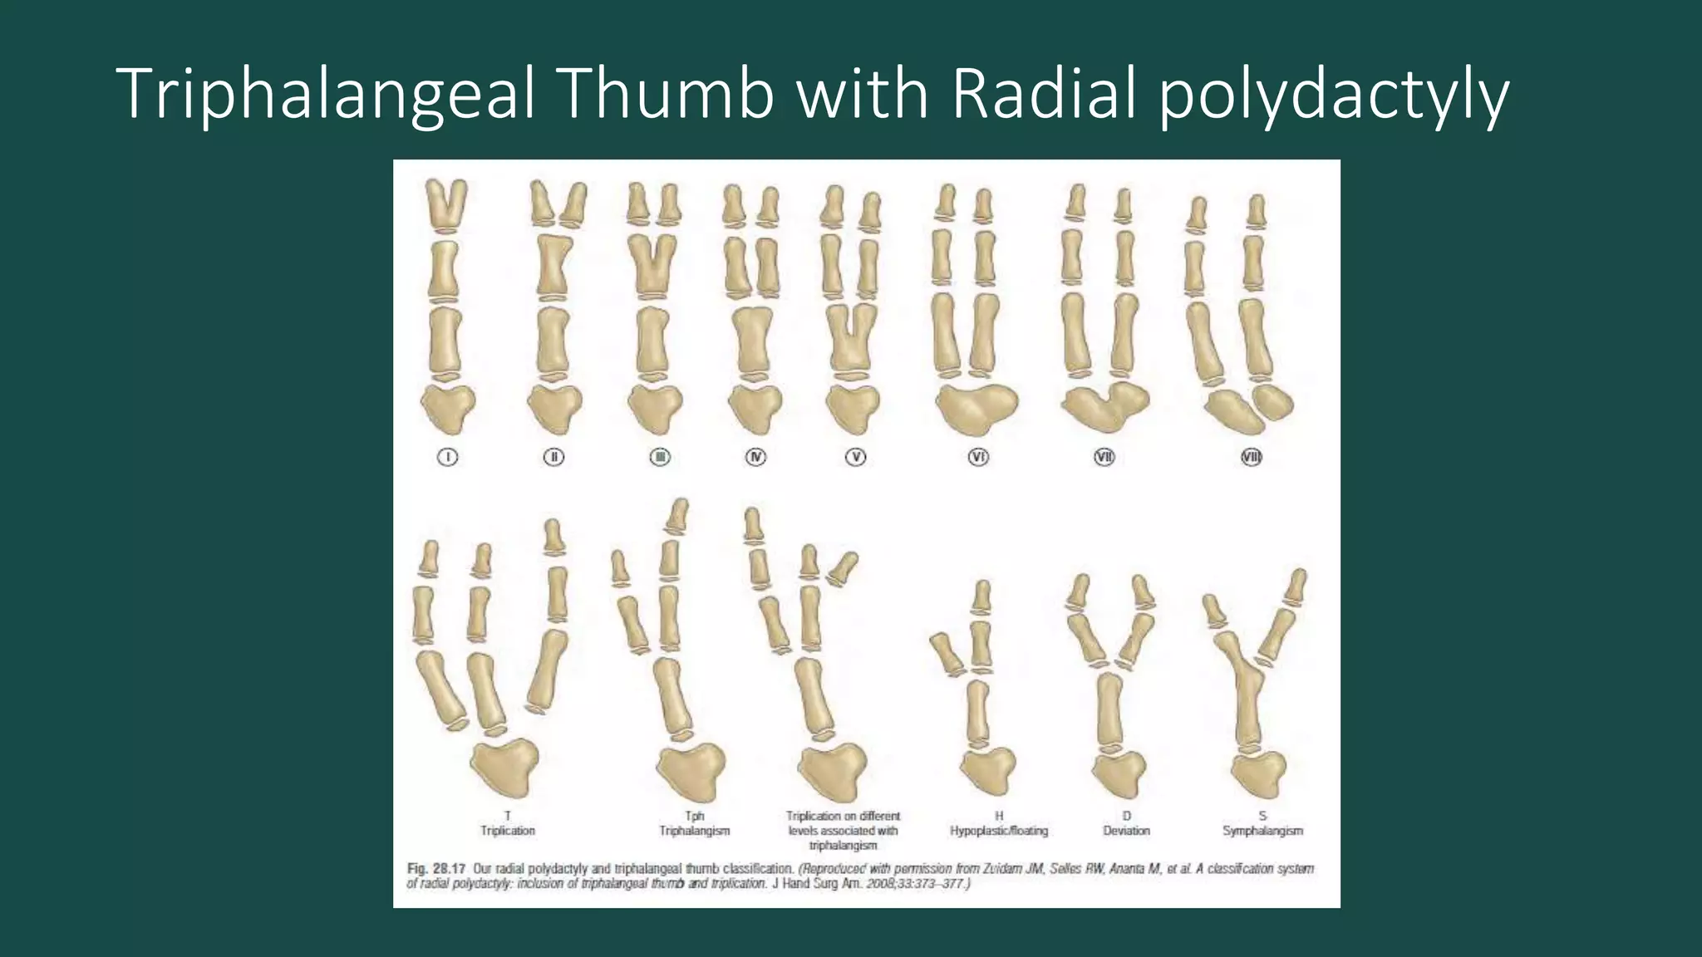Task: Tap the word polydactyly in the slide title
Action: coord(1333,95)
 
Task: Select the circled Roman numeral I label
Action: coord(447,457)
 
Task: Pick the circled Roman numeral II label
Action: coord(553,457)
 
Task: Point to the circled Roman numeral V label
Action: coord(855,457)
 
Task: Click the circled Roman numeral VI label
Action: coord(978,457)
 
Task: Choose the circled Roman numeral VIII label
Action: coord(1251,457)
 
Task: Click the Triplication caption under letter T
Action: coord(508,831)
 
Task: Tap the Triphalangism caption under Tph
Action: coord(695,831)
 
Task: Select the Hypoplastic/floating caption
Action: coord(999,831)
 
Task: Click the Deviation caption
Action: coord(1126,831)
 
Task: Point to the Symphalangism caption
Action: coord(1262,831)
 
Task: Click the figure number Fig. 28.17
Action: coord(435,869)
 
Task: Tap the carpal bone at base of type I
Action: coord(448,407)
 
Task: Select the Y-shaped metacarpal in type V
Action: coord(851,337)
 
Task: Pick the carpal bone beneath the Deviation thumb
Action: coord(1119,773)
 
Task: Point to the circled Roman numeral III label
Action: coord(660,457)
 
